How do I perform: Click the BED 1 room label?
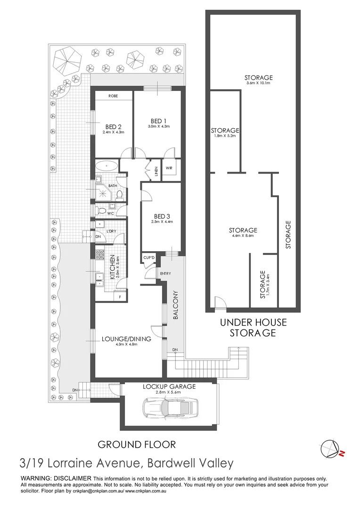pyautogui.click(x=157, y=121)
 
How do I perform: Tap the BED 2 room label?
pyautogui.click(x=114, y=126)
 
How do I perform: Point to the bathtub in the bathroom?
pyautogui.click(x=108, y=166)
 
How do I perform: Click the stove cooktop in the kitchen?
pyautogui.click(x=100, y=255)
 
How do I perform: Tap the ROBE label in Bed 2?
pyautogui.click(x=113, y=96)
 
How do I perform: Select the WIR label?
pyautogui.click(x=169, y=167)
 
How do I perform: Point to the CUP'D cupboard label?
pyautogui.click(x=149, y=258)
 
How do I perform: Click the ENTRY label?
pyautogui.click(x=165, y=273)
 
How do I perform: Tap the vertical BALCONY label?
pyautogui.click(x=174, y=311)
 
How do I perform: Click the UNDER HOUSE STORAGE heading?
pyautogui.click(x=252, y=328)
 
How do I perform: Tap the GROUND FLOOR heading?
pyautogui.click(x=136, y=444)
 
